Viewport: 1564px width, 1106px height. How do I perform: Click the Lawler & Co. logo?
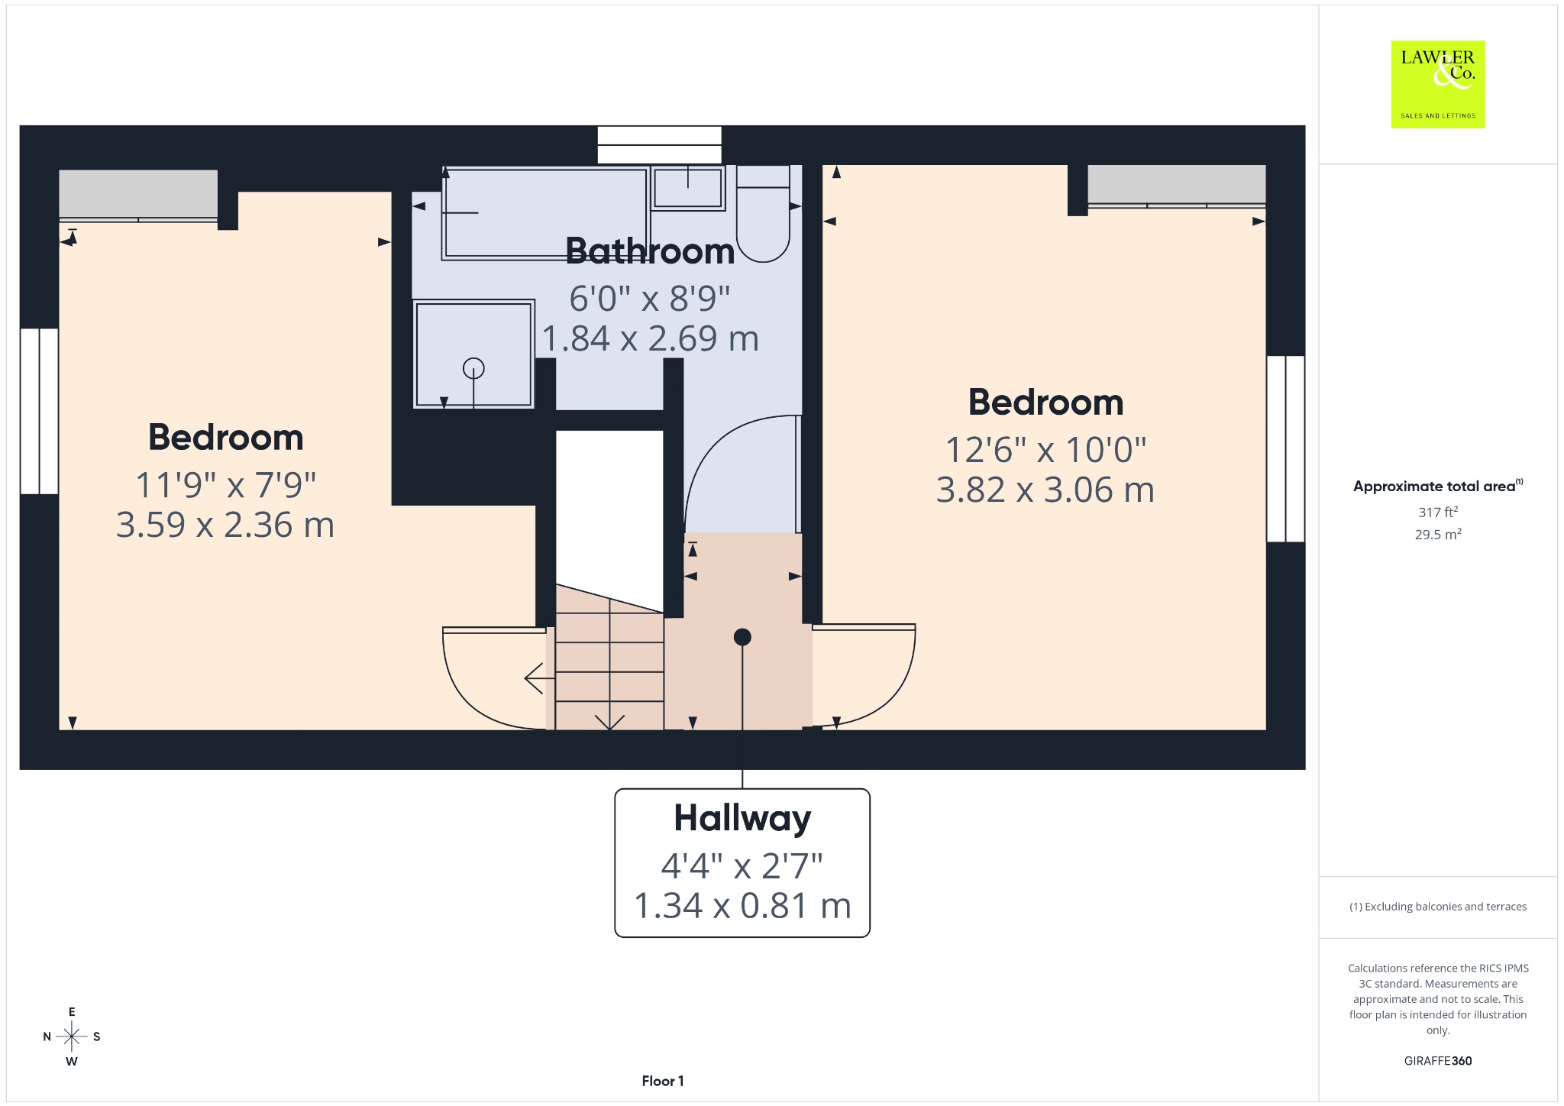(x=1437, y=84)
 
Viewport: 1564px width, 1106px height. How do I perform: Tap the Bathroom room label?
(x=650, y=251)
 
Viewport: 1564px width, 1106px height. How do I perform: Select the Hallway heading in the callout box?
(x=742, y=819)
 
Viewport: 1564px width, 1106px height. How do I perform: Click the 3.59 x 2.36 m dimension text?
(x=225, y=525)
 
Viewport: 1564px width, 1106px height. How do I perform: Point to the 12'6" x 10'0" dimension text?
(x=1045, y=450)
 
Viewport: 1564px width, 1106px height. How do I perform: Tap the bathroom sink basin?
(x=688, y=187)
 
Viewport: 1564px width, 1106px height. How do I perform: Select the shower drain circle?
(x=473, y=369)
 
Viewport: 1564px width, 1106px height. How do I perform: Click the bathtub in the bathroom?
(x=545, y=213)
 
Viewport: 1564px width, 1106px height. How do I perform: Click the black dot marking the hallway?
(x=742, y=637)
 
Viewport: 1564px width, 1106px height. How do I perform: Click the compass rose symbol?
(x=72, y=1036)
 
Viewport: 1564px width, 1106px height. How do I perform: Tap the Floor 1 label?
(x=663, y=1081)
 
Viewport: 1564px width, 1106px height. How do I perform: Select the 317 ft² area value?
(x=1438, y=512)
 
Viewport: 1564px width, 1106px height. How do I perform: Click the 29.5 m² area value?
(x=1438, y=534)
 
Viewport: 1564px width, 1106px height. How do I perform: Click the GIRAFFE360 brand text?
(x=1438, y=1060)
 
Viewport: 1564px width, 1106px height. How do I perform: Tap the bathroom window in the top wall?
(x=659, y=145)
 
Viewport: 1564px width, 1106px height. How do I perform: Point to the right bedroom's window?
(x=1286, y=449)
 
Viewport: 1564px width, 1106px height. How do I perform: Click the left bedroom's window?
(x=39, y=411)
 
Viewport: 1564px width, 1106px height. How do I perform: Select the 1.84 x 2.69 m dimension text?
(x=651, y=338)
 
